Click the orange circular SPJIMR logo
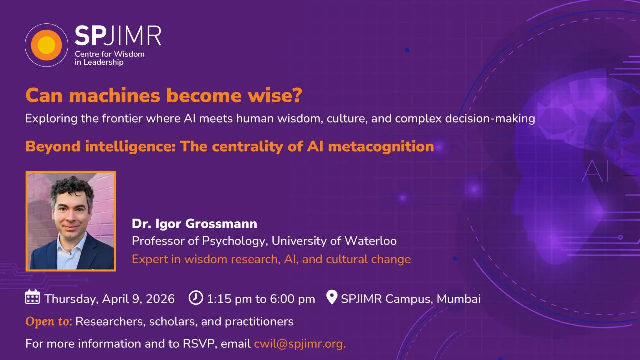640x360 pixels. (46, 45)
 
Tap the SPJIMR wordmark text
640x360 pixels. (118, 36)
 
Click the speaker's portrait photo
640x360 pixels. (71, 221)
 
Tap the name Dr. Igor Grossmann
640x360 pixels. (194, 223)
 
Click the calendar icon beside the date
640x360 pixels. (32, 297)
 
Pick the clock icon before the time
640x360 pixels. (196, 298)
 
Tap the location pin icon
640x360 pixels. (331, 298)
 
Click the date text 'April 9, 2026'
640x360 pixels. (138, 299)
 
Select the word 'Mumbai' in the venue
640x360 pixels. (459, 299)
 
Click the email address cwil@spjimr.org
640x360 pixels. (300, 344)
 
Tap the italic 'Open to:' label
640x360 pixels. (49, 321)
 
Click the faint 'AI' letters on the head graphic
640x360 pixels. (596, 171)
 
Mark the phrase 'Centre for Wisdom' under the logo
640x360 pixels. (109, 54)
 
